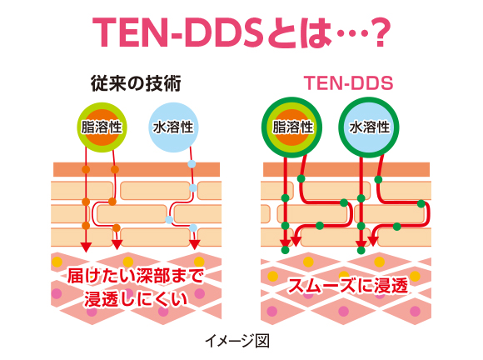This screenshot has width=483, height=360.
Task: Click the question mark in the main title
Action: pyautogui.click(x=379, y=32)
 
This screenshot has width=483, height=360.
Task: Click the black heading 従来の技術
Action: pyautogui.click(x=136, y=83)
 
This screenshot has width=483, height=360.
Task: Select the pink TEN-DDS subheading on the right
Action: pyautogui.click(x=348, y=83)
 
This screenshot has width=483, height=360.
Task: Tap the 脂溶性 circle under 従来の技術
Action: pyautogui.click(x=102, y=127)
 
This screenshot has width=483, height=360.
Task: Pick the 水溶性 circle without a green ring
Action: pyautogui.click(x=173, y=127)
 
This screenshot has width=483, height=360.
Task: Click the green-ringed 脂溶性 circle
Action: pyautogui.click(x=291, y=127)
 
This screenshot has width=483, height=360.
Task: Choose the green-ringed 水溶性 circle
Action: pyautogui.click(x=369, y=127)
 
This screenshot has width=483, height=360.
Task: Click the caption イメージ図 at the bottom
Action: pyautogui.click(x=237, y=341)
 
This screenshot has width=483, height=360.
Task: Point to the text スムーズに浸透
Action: pyautogui.click(x=348, y=286)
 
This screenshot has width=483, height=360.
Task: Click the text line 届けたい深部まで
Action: pyautogui.click(x=136, y=276)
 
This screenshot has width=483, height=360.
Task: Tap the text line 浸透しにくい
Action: pyautogui.click(x=136, y=299)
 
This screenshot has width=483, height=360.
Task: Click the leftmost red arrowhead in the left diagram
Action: pyautogui.click(x=86, y=247)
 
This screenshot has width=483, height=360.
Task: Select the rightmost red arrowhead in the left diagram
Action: pyautogui.click(x=194, y=245)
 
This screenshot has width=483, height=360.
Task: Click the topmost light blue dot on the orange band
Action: pyautogui.click(x=192, y=163)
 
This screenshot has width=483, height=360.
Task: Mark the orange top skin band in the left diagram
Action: pyautogui.click(x=137, y=169)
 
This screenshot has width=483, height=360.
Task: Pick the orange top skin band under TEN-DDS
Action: pyautogui.click(x=346, y=169)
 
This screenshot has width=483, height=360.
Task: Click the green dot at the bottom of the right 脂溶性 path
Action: pyautogui.click(x=286, y=250)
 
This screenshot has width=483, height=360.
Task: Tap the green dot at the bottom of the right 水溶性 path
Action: pyautogui.click(x=361, y=250)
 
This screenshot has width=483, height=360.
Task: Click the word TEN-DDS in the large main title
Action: pyautogui.click(x=177, y=32)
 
